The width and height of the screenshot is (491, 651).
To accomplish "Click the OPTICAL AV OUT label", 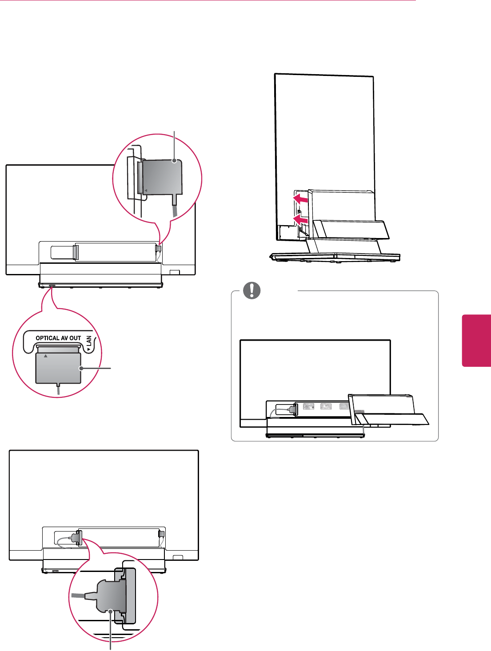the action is coord(58,338).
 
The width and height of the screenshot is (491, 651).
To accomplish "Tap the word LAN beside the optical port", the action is coord(89,340).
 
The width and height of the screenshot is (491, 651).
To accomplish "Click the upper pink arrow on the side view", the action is coord(300,198).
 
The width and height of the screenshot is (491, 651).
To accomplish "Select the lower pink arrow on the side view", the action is coord(300,219).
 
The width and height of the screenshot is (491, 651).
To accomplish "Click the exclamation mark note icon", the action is coord(252,290).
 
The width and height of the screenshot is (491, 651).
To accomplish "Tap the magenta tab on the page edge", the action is coord(477,340).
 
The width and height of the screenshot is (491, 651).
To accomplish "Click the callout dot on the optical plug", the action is coord(81,368).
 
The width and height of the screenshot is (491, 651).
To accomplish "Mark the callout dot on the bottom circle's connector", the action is coord(111,611).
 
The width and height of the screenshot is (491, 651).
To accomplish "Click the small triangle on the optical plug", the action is coord(46,356).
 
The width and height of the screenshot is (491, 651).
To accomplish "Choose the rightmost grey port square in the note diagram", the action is coord(343,406).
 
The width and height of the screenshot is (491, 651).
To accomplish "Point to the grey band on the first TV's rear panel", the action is coord(76,252).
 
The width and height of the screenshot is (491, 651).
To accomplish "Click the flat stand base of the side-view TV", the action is coord(336,257).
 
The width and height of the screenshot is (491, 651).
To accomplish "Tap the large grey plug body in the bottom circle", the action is coord(111,595).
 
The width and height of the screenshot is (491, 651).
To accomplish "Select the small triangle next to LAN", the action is coord(89,349).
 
